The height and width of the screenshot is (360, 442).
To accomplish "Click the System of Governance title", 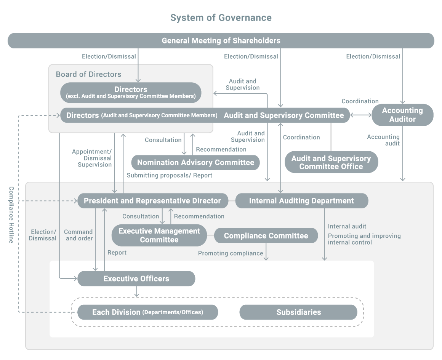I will click(x=221, y=18).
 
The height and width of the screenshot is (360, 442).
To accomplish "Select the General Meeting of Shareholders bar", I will click(x=221, y=41).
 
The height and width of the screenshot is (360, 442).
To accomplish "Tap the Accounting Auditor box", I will click(x=402, y=115).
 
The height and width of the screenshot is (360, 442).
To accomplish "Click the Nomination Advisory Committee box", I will click(x=195, y=163).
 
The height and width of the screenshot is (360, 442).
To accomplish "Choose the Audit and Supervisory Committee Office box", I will click(x=331, y=162).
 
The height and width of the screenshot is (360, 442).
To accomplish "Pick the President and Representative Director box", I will click(x=152, y=201).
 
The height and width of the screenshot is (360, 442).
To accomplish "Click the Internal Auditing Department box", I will click(x=301, y=201).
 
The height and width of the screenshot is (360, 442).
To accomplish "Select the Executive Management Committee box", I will click(x=159, y=235).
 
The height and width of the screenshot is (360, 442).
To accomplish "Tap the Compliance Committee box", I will click(x=266, y=236).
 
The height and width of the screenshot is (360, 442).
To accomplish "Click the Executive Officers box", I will click(x=136, y=279).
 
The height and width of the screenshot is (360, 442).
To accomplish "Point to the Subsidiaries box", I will click(x=298, y=312).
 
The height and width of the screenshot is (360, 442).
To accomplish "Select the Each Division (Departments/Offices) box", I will click(x=147, y=312).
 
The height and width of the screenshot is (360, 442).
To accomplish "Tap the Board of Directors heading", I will click(x=88, y=74).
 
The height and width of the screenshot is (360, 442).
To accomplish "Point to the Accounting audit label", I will click(x=383, y=140).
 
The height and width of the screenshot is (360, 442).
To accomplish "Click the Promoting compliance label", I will click(x=231, y=253).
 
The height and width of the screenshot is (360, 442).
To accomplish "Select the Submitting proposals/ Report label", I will click(x=170, y=176).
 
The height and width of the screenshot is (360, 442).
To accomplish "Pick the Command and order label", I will click(x=78, y=235).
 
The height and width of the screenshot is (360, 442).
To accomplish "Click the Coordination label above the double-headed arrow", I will click(x=360, y=101).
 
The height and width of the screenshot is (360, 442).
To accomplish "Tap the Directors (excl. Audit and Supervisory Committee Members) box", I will click(x=131, y=93).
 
